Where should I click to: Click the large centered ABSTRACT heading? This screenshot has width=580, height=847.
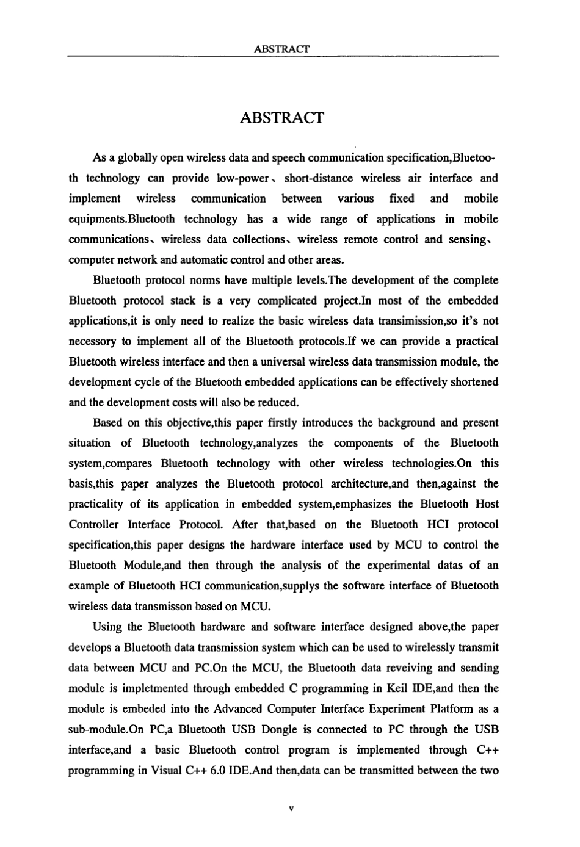[282, 118]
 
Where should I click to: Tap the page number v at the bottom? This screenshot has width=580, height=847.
[291, 809]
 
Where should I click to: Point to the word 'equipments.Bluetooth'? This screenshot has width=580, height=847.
[122, 219]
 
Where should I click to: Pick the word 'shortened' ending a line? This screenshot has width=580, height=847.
[474, 382]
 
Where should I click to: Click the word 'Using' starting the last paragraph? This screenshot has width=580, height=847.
[109, 627]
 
